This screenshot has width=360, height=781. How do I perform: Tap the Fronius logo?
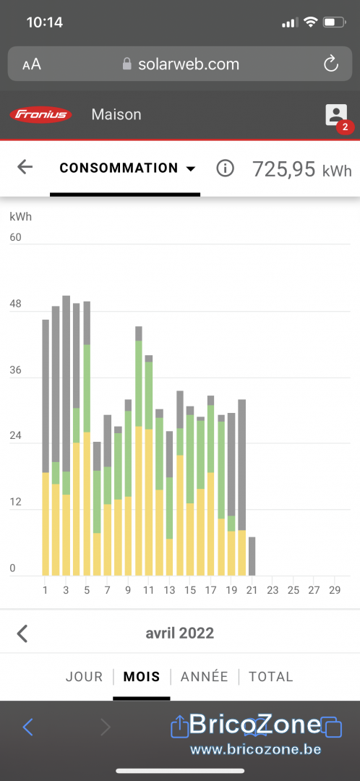(40, 115)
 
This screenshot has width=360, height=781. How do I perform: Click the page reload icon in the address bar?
(330, 64)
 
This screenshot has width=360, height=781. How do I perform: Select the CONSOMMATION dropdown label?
(119, 168)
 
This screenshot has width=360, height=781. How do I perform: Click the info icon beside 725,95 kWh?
(225, 168)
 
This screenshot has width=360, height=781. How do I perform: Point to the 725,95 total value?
(284, 169)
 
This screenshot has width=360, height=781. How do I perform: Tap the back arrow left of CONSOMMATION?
(25, 167)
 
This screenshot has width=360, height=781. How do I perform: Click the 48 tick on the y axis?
(15, 304)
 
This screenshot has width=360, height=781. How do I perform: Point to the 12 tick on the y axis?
(15, 502)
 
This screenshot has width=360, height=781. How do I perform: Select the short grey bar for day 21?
(252, 556)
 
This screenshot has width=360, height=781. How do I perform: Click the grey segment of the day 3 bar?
(67, 383)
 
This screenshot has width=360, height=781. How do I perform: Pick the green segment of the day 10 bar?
(138, 383)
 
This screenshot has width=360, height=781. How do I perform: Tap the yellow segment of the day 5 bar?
(87, 503)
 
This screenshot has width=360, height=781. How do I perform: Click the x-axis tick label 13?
(169, 590)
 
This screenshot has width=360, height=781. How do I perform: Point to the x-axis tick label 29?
(335, 590)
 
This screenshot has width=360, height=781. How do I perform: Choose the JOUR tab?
(84, 676)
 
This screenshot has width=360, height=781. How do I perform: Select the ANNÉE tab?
(204, 676)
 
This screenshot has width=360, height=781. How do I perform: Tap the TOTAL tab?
(271, 676)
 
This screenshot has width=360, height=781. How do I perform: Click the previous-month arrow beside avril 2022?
(22, 633)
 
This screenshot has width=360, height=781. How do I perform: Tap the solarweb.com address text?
(188, 64)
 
